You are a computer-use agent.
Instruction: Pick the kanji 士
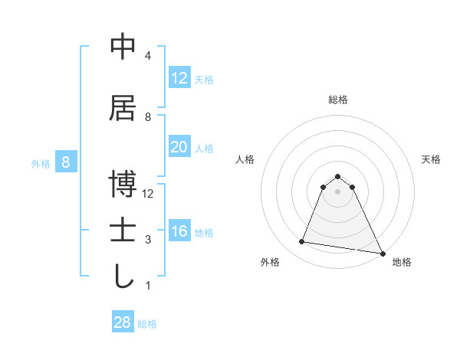[x=123, y=231]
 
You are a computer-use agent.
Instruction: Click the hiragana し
[x=123, y=277]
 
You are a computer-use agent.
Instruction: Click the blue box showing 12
[x=179, y=78]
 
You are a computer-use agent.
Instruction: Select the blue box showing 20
[x=179, y=147]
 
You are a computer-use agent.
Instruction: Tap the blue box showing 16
[x=179, y=231]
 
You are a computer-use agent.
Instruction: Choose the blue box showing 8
[x=67, y=162]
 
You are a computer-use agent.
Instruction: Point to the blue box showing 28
[x=123, y=322]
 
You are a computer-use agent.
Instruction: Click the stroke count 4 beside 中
[x=148, y=56]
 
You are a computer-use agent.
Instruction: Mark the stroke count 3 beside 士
[x=148, y=240]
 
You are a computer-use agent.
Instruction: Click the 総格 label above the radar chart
[x=338, y=100]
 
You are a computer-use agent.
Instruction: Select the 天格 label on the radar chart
[x=431, y=159]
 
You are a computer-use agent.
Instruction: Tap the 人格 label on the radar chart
[x=245, y=159]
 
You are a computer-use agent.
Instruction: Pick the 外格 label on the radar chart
[x=270, y=262]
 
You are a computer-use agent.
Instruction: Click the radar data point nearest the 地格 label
[x=382, y=252]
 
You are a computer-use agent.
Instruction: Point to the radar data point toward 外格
[x=302, y=242]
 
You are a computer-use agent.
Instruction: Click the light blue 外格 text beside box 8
[x=41, y=163]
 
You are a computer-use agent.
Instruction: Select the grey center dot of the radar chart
[x=338, y=191]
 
